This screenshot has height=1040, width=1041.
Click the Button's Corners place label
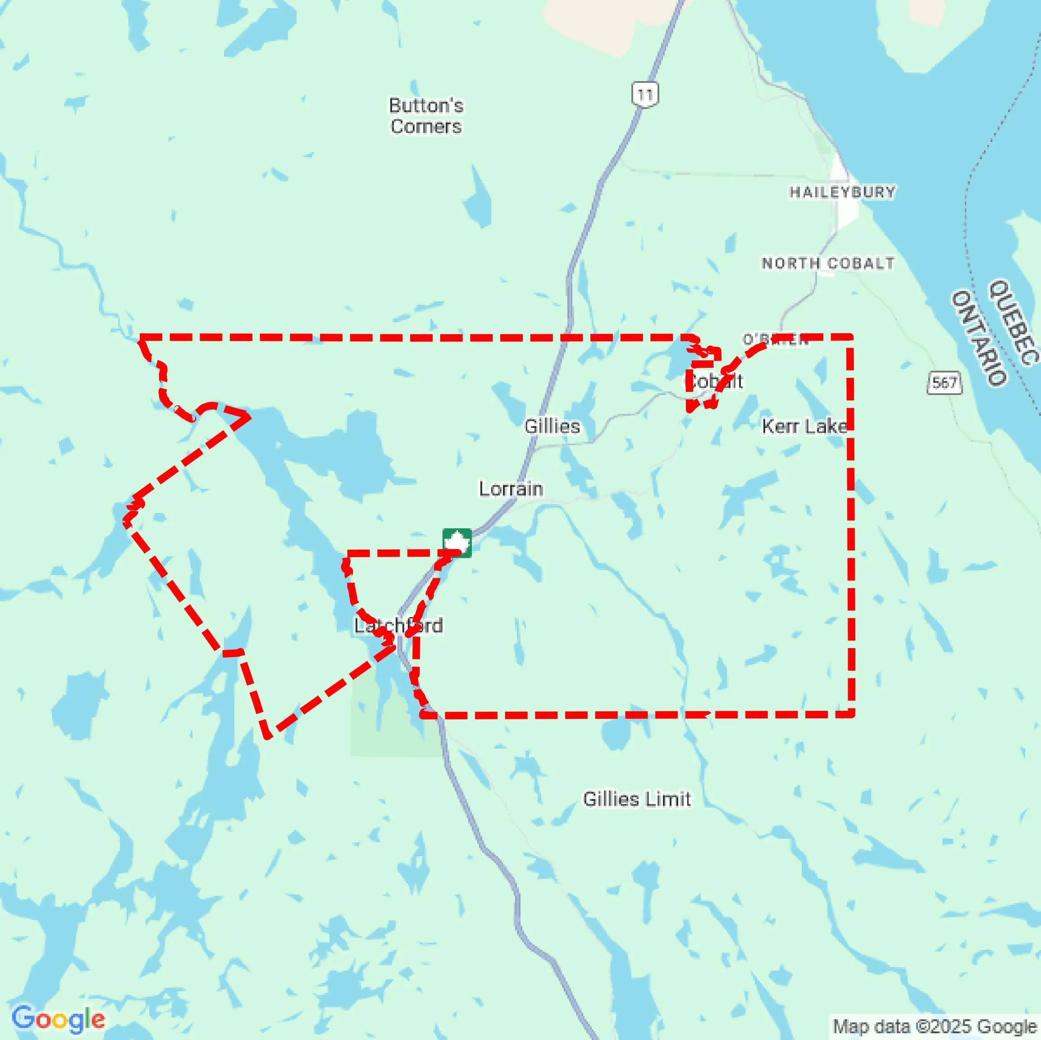point(426,116)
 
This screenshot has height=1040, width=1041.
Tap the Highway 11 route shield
point(644,95)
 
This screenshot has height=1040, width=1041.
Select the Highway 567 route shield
point(944,383)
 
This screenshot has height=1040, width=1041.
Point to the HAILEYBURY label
point(842,192)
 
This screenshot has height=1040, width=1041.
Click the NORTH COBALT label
point(828,263)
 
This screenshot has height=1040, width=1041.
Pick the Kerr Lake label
point(804,427)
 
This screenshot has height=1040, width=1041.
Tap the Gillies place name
point(552,427)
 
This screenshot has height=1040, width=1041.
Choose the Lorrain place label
point(511,489)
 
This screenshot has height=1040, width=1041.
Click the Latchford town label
point(399,625)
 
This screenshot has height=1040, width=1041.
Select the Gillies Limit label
point(636,799)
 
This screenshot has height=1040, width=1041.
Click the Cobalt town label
point(716,381)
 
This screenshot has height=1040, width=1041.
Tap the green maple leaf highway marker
point(457,543)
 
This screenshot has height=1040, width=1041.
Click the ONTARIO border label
point(978,338)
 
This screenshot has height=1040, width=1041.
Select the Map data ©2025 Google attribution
point(935,1026)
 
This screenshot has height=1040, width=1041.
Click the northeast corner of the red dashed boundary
point(850,337)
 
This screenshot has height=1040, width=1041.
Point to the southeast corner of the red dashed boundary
point(851,714)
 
